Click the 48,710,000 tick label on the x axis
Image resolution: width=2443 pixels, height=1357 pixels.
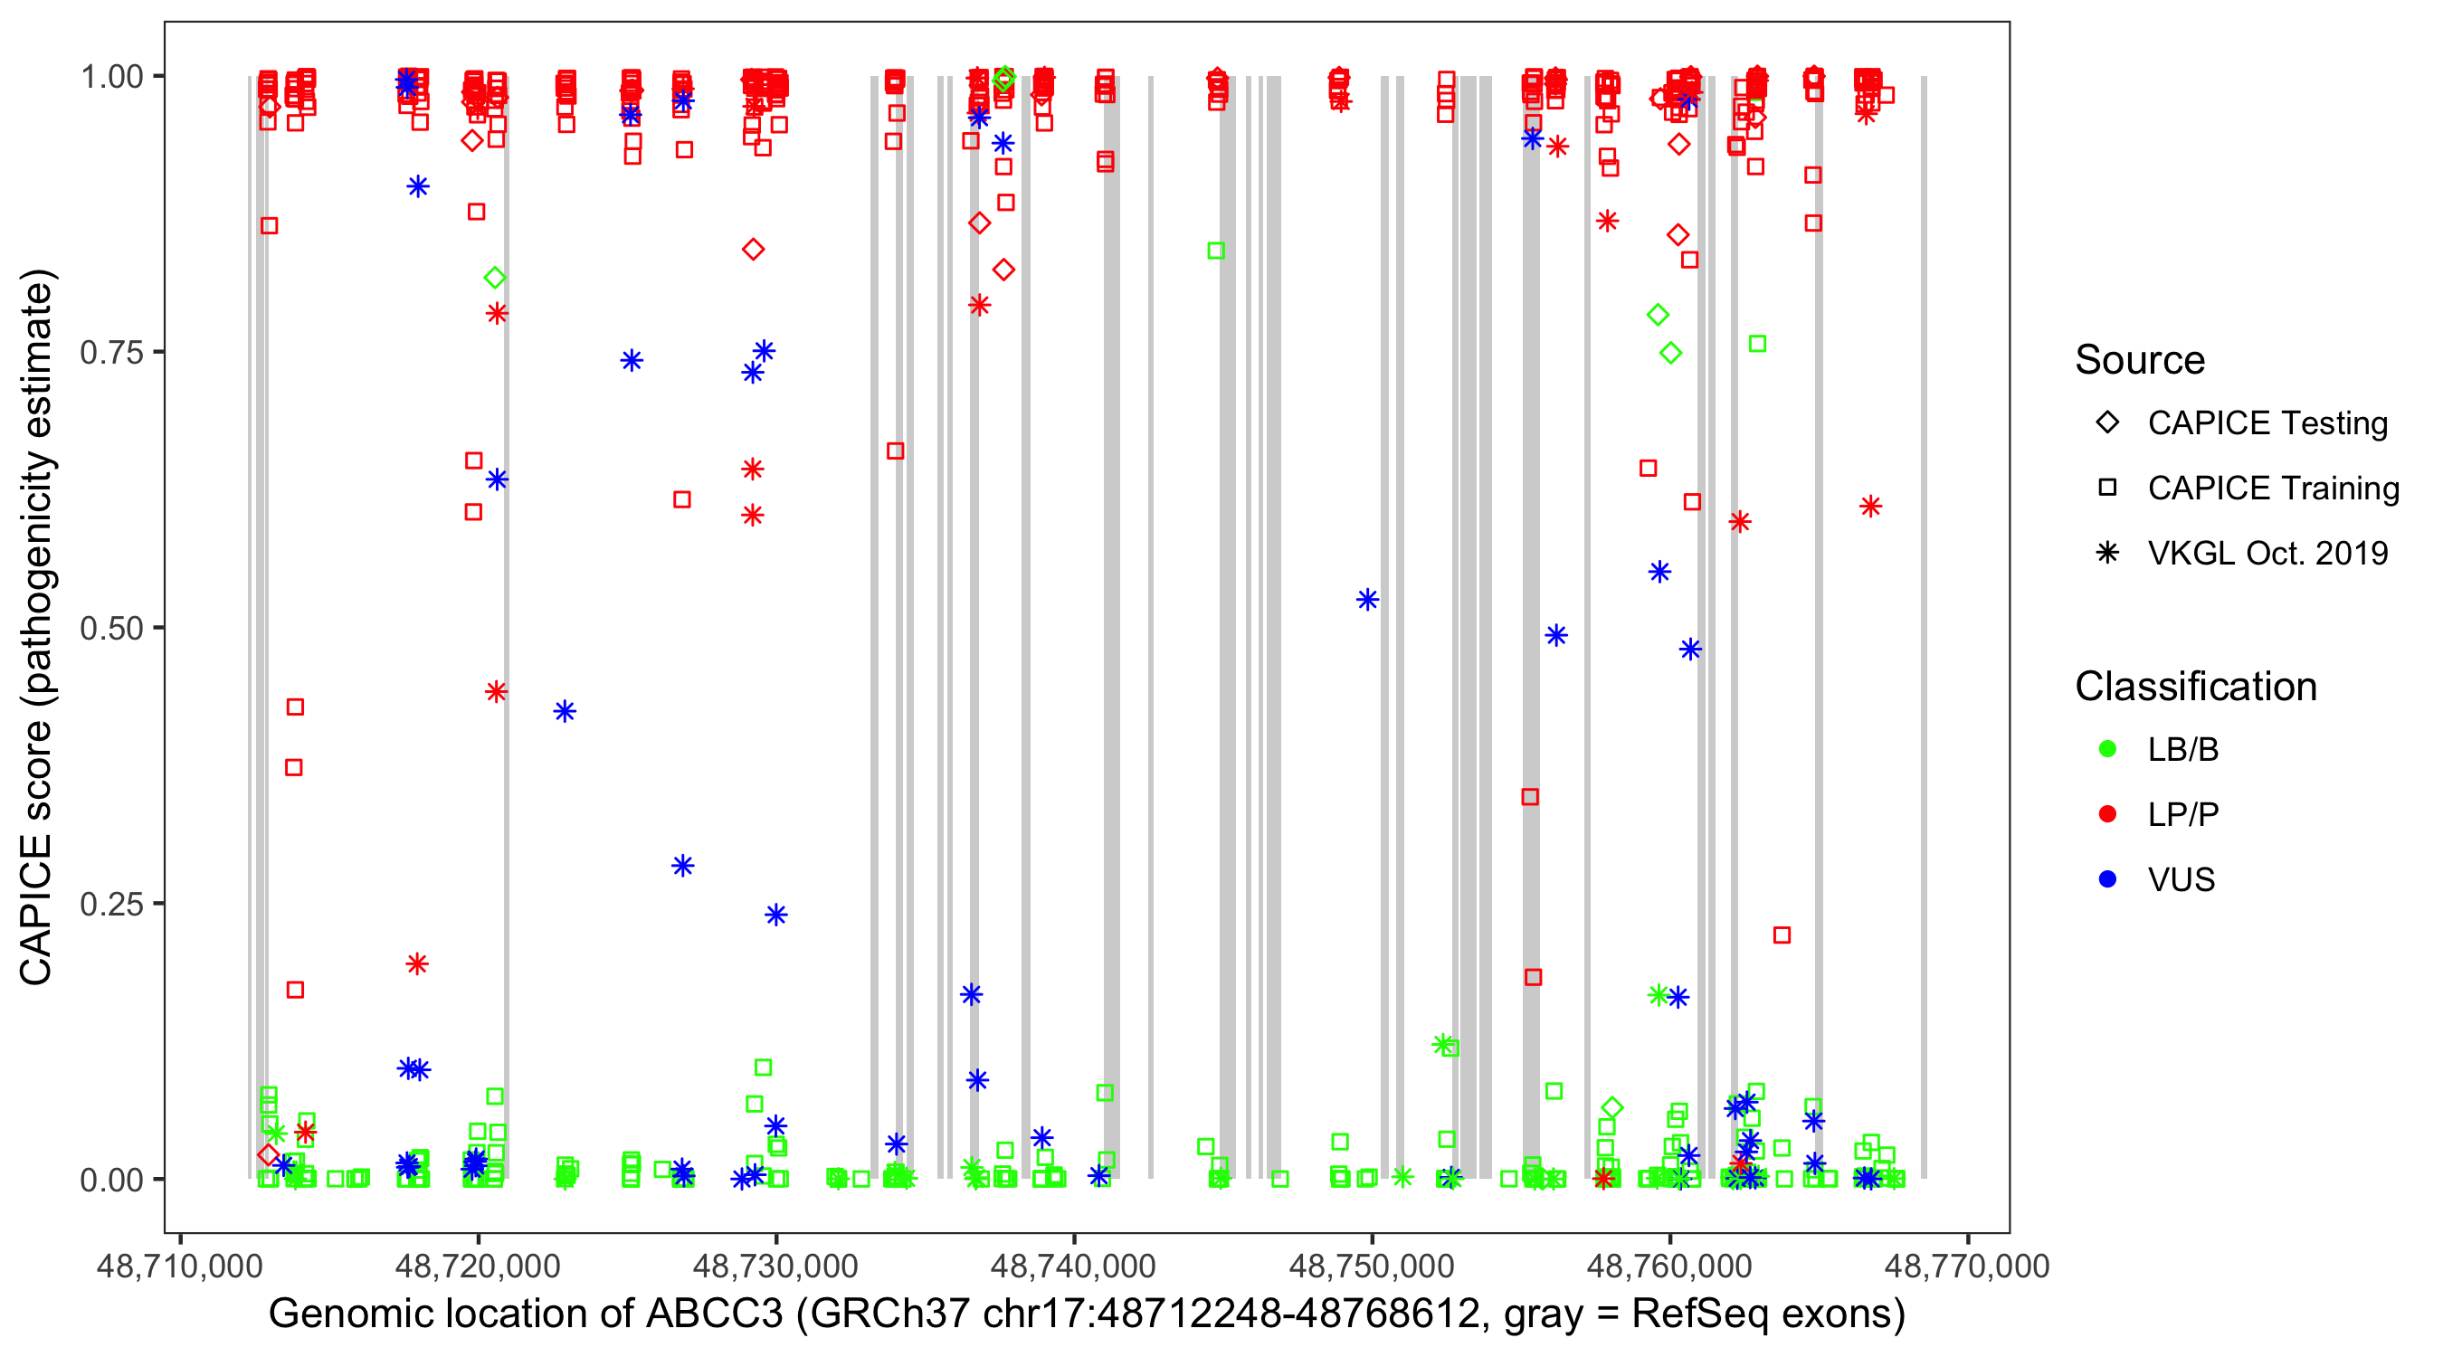click(x=179, y=1266)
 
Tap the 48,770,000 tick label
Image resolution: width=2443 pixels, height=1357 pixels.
click(x=1967, y=1266)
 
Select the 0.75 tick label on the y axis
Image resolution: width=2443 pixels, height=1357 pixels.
click(x=111, y=352)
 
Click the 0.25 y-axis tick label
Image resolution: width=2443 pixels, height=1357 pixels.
click(x=111, y=904)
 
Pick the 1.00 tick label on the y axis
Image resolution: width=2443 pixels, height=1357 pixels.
click(x=111, y=77)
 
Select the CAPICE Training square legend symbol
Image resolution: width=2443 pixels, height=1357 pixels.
click(x=2107, y=489)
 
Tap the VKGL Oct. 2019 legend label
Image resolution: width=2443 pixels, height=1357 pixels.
click(x=2267, y=553)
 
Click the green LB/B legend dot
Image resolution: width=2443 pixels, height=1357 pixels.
click(x=2107, y=749)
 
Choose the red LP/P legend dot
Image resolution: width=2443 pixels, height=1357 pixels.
click(x=2107, y=814)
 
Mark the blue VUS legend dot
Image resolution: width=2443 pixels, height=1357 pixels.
click(x=2107, y=879)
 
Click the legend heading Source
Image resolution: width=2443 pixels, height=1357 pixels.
click(x=2140, y=360)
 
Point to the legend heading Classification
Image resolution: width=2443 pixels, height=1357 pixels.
click(x=2195, y=687)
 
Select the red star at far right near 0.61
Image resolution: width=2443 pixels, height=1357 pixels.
click(x=1870, y=507)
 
